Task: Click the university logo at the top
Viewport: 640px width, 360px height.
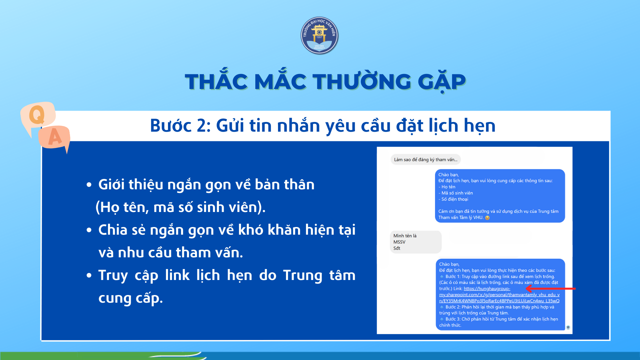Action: click(319, 35)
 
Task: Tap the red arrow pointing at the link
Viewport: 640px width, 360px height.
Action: click(551, 289)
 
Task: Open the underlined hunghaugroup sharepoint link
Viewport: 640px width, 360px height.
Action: click(499, 295)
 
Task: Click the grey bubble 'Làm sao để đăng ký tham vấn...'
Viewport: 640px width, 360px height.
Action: click(426, 160)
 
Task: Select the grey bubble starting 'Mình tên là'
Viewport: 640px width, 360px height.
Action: click(416, 242)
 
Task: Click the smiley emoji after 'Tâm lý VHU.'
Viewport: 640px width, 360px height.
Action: click(487, 218)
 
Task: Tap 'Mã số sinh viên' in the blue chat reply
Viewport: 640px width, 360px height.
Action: click(457, 193)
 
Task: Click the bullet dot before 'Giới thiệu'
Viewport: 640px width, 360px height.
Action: click(89, 185)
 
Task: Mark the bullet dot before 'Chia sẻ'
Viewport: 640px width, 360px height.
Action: click(89, 230)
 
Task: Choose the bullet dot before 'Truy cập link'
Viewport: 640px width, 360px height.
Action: click(89, 276)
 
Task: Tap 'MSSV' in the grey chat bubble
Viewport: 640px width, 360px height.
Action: click(399, 242)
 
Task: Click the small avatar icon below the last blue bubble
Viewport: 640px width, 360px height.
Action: click(568, 327)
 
